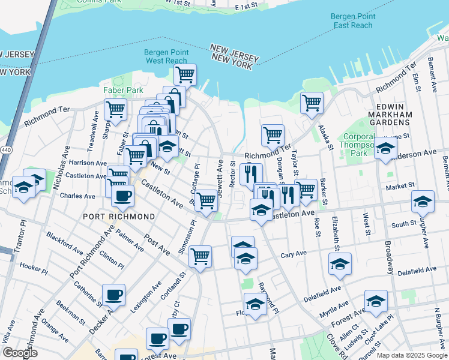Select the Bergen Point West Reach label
coord(166,56)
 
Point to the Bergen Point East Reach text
coord(354,21)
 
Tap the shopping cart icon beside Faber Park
coord(115,110)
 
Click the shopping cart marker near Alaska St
coord(312,103)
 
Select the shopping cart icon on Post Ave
coord(200,256)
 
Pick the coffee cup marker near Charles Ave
coord(123,195)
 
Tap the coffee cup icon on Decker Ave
coord(113,295)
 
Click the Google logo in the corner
coord(20,353)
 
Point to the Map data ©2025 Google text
coord(411,355)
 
